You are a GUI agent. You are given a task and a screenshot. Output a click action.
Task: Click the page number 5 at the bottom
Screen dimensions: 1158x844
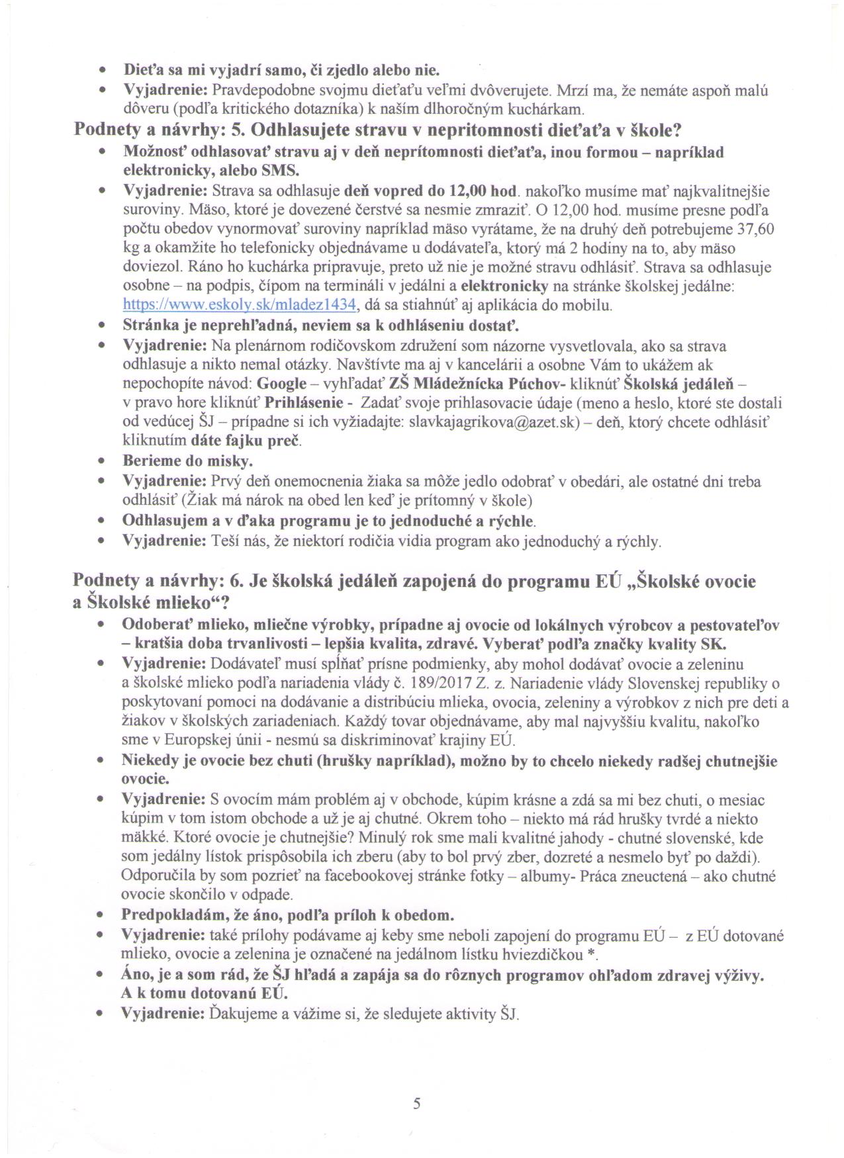click(x=416, y=1104)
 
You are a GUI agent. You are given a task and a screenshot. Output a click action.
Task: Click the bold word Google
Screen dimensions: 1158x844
click(x=281, y=384)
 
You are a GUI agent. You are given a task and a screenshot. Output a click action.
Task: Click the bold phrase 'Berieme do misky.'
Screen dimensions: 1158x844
click(x=188, y=461)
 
